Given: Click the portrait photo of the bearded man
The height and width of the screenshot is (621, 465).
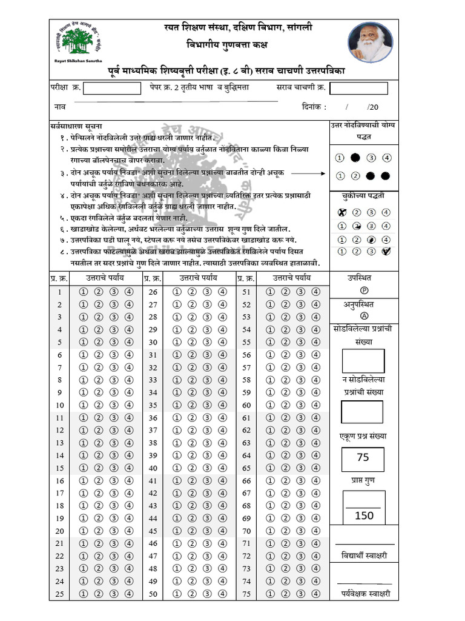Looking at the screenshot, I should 370,42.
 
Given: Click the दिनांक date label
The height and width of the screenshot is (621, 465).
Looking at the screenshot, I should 314,107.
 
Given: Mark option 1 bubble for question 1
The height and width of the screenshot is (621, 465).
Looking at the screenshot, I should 83,292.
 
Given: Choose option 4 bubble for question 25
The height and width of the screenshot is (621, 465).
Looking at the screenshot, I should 129,594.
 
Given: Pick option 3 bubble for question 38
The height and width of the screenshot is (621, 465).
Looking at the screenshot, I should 207,443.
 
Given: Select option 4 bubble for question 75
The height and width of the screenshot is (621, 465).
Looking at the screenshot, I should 316,594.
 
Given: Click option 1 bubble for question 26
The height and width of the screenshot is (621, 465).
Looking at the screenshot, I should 177,292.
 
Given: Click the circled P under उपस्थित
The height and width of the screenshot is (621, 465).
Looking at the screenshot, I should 364,290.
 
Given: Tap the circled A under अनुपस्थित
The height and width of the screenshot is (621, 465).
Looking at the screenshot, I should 364,316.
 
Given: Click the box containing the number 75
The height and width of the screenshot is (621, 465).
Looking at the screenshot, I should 363,457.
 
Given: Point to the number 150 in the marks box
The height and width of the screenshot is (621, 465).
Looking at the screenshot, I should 364,515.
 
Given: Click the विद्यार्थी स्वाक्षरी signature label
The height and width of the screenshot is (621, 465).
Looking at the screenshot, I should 364,556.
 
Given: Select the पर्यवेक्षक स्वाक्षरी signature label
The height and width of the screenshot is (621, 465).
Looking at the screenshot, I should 364,594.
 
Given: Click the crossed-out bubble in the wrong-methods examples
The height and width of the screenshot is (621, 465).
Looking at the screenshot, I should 340,212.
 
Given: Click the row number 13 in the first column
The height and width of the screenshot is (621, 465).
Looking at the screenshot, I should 60,443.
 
